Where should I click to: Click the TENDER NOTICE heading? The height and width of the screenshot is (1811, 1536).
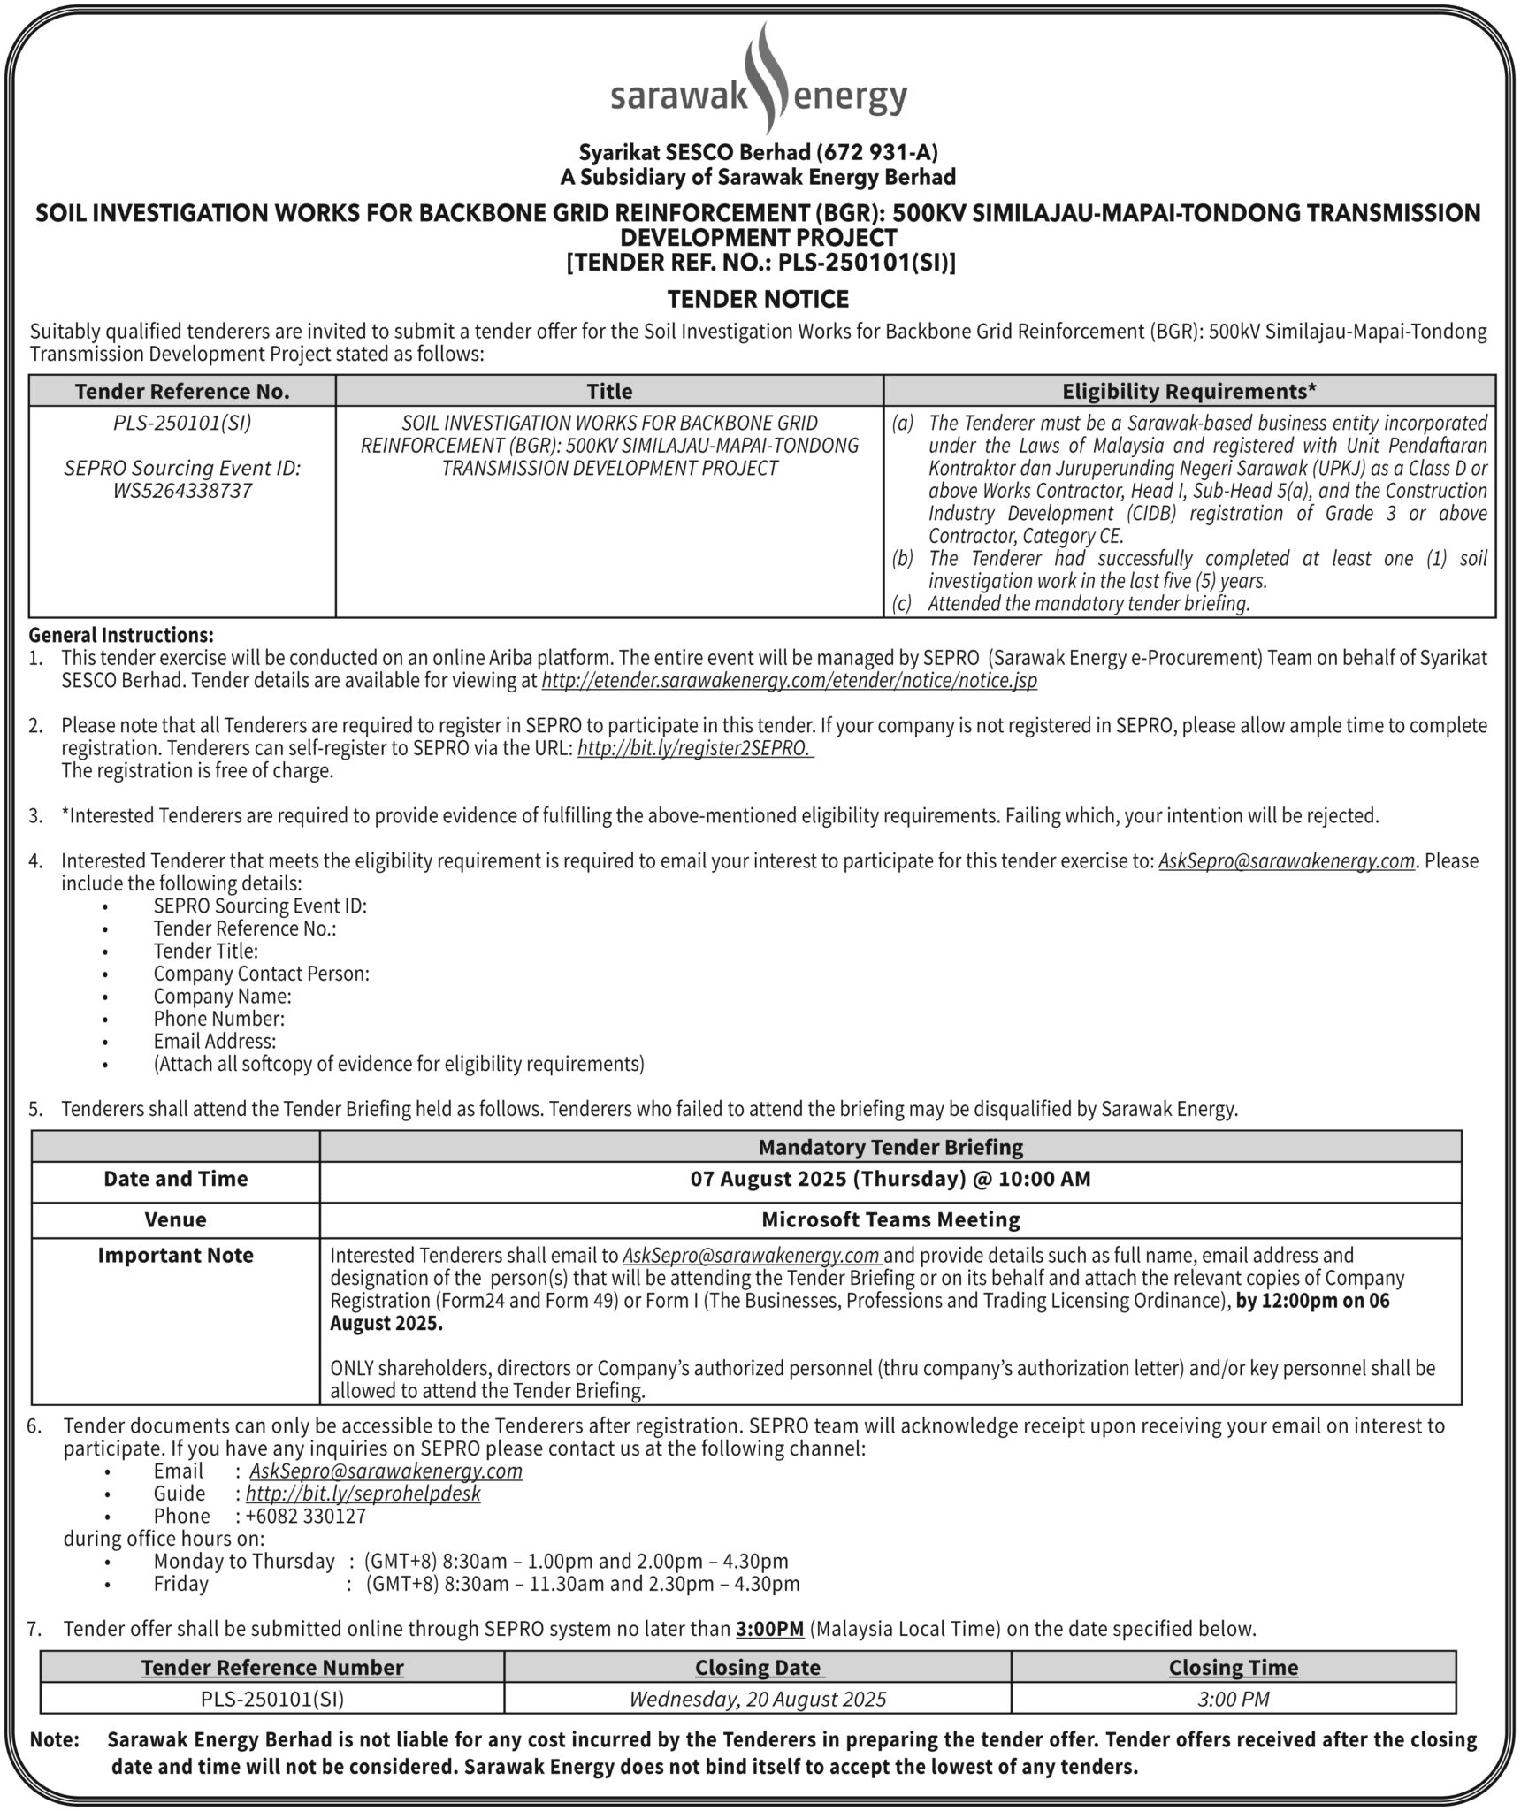click(x=759, y=300)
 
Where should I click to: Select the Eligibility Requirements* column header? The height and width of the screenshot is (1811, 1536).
click(x=1189, y=391)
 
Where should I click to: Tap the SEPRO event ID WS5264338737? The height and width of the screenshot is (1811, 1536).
click(x=182, y=491)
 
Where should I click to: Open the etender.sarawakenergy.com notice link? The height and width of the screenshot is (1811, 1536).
click(x=789, y=681)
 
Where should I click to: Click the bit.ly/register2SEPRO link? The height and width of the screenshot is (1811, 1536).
click(x=694, y=749)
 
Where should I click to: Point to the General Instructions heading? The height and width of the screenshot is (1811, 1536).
click(x=121, y=635)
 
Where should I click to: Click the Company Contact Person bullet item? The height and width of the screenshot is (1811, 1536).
click(x=261, y=974)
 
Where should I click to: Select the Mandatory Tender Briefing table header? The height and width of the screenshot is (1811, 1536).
click(x=890, y=1147)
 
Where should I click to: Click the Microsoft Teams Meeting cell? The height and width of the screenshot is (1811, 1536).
click(x=890, y=1220)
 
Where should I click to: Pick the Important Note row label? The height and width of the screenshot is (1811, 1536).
click(x=175, y=1256)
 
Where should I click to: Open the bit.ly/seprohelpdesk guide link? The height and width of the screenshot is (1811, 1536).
click(x=363, y=1494)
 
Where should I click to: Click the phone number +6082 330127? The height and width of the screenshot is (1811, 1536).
click(x=306, y=1516)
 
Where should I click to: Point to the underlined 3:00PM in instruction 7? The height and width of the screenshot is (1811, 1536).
click(x=769, y=1629)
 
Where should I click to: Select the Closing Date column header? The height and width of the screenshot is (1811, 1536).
click(x=758, y=1668)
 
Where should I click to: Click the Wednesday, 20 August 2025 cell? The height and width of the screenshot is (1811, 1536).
click(x=758, y=1699)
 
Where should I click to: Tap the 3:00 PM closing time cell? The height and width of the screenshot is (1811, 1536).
click(x=1233, y=1699)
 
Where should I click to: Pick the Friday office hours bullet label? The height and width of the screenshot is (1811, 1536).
click(x=181, y=1584)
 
